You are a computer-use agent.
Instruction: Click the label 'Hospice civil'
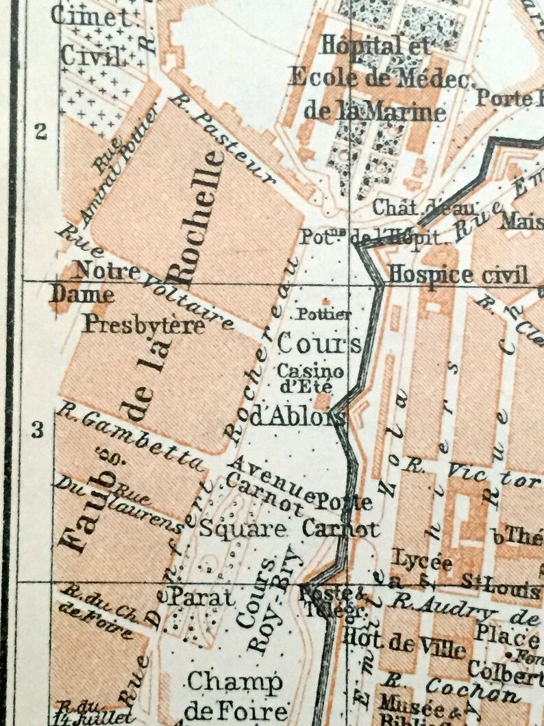(x=458, y=275)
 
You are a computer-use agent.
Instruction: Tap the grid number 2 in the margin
(x=41, y=131)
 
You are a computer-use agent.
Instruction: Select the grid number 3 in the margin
(x=38, y=430)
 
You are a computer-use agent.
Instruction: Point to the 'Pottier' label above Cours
(x=323, y=314)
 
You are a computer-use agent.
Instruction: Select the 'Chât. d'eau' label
(x=422, y=208)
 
